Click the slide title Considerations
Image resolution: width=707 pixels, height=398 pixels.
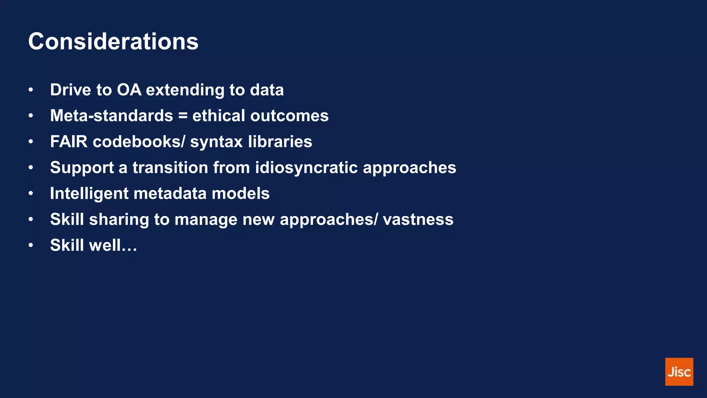tap(113, 41)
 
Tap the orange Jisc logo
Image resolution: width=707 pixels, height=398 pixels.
tap(679, 372)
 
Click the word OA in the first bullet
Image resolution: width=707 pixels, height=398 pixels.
tap(129, 90)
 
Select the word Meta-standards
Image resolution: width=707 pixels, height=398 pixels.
tap(112, 116)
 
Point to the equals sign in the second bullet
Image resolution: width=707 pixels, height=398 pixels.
tap(183, 116)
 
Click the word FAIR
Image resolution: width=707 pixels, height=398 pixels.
tap(69, 142)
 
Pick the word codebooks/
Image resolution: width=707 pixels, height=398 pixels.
tap(139, 142)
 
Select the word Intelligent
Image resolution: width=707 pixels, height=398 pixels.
tap(89, 194)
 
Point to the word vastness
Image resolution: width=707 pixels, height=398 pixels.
tap(418, 220)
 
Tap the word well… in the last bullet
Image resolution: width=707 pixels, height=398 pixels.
tap(113, 245)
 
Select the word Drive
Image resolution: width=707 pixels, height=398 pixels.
tap(70, 90)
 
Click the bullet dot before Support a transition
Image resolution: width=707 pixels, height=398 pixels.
tap(31, 168)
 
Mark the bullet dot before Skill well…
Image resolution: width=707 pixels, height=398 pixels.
tap(31, 245)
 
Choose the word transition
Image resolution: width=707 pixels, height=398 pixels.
tap(170, 168)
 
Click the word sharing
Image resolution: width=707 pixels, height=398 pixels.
tap(119, 220)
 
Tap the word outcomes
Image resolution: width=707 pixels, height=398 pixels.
tap(289, 116)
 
